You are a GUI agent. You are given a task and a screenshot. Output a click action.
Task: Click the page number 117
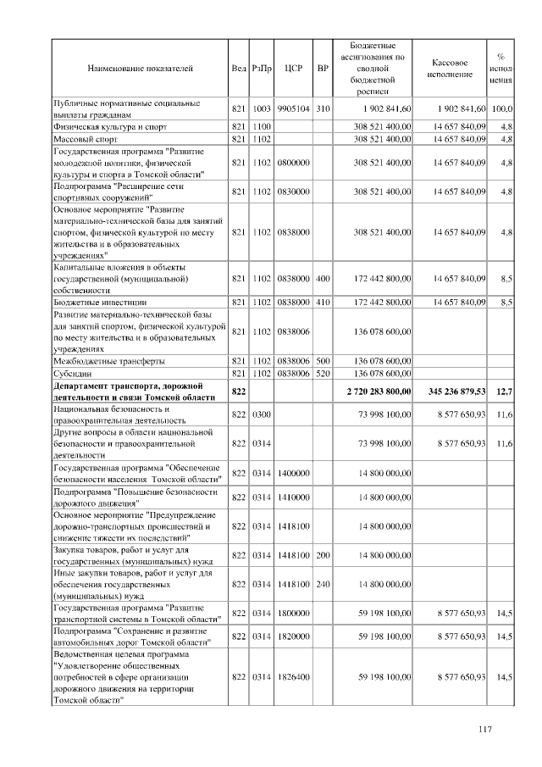pyautogui.click(x=485, y=731)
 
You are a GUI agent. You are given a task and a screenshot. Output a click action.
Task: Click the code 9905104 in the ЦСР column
pyautogui.click(x=294, y=108)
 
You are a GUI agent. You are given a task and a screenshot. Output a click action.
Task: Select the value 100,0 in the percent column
pyautogui.click(x=503, y=108)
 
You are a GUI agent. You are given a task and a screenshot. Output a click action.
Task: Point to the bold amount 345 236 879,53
pyautogui.click(x=454, y=392)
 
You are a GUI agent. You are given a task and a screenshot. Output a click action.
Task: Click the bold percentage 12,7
pyautogui.click(x=505, y=392)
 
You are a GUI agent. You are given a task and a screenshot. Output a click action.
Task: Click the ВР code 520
pyautogui.click(x=322, y=373)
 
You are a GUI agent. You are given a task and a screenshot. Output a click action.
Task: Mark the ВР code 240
pyautogui.click(x=322, y=585)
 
